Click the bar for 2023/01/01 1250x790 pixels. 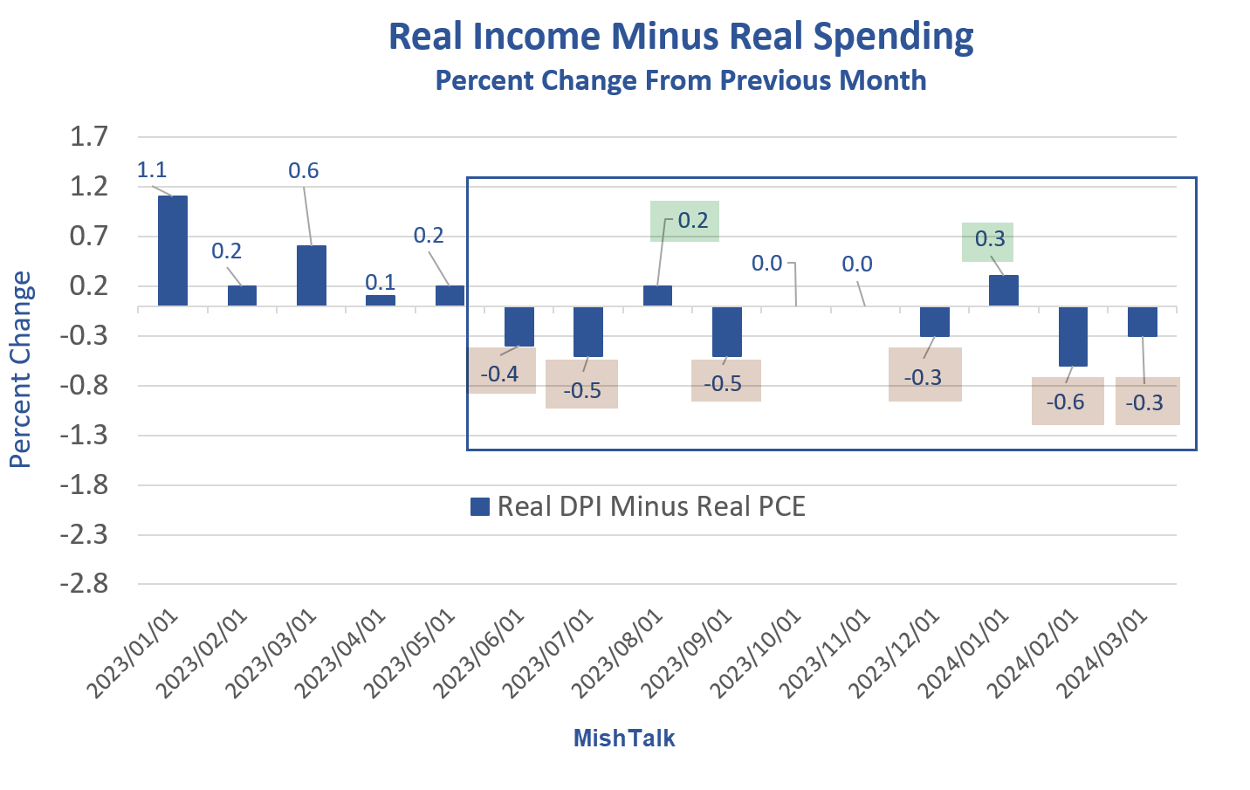(x=173, y=251)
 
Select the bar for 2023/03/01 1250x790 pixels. (x=312, y=275)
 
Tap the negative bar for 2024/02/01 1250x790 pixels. (x=1073, y=336)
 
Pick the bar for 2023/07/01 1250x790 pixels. (x=588, y=332)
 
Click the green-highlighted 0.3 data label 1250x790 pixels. (x=988, y=240)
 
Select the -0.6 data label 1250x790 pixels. (x=1067, y=402)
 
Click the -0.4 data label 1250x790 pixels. (x=501, y=374)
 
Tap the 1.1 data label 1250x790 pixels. (x=151, y=169)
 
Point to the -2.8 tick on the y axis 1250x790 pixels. (x=85, y=583)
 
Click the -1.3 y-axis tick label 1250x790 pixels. (x=85, y=435)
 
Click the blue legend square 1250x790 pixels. (x=479, y=507)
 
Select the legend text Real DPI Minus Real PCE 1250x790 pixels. (x=650, y=507)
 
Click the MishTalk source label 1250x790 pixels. (x=624, y=738)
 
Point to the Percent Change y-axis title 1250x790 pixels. (x=21, y=369)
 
